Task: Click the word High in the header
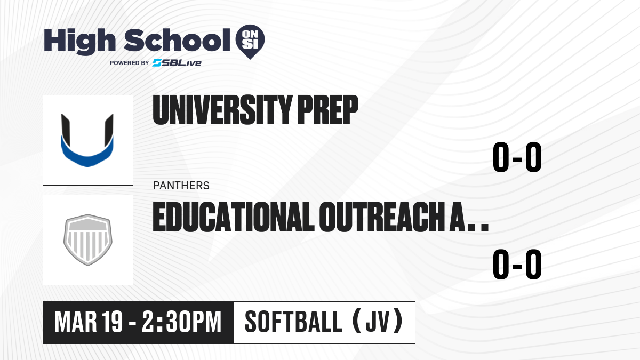pos(79,41)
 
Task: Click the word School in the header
pos(177,40)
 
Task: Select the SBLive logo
pos(177,63)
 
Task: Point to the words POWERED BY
pos(130,63)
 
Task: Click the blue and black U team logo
pos(87,140)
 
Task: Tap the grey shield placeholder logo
pos(88,239)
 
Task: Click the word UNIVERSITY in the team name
pos(222,110)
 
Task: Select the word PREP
pos(327,110)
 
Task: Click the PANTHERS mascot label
pos(181,186)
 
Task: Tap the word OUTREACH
pos(381,217)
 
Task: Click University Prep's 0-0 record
pos(517,157)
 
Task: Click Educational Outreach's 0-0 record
pos(517,264)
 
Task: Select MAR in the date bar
pos(76,322)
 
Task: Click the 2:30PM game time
pos(182,322)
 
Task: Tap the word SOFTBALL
pos(293,322)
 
